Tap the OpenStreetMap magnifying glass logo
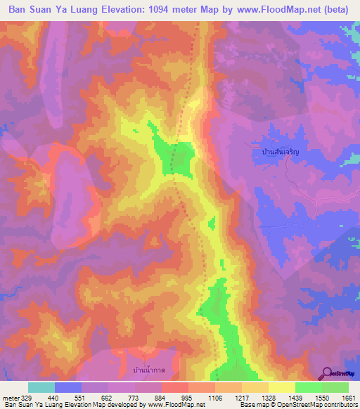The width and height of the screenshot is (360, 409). [328, 374]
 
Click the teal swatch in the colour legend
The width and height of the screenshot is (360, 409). [41, 387]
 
